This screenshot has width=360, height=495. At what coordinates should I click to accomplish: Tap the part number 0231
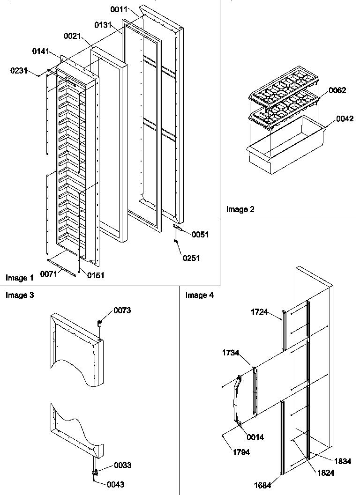(x=18, y=71)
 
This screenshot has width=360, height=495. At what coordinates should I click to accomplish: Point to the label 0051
(x=200, y=235)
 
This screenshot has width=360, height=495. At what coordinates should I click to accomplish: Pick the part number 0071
(x=49, y=273)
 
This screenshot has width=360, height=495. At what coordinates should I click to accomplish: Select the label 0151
(x=95, y=275)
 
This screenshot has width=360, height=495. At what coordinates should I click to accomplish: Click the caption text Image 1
(x=20, y=278)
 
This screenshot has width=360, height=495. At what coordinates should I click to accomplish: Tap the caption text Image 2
(x=240, y=209)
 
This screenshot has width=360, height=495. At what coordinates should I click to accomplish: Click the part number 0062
(x=337, y=90)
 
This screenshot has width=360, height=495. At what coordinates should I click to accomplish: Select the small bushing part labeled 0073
(x=99, y=323)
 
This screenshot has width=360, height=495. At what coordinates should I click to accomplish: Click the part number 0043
(x=115, y=485)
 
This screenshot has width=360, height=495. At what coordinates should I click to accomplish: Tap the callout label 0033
(x=122, y=465)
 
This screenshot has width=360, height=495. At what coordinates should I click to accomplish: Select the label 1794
(x=240, y=452)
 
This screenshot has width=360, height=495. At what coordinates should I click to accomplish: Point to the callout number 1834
(x=343, y=461)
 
